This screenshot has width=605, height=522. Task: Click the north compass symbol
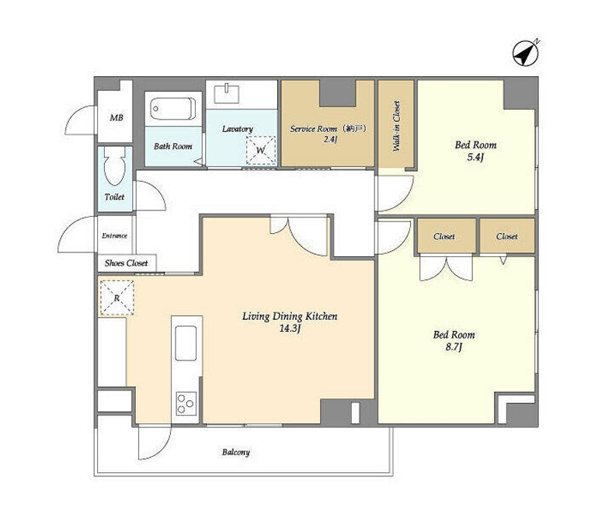pos(525,53)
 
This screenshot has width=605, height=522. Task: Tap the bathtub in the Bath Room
pos(173,109)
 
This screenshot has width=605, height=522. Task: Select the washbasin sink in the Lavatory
pos(227,93)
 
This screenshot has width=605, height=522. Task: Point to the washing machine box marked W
pos(261,151)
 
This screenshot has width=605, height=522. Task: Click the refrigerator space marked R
pos(117,298)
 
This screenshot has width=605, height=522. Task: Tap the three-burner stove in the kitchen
pos(186,403)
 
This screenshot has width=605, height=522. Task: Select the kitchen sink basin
pos(186,343)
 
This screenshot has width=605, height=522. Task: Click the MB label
pos(116,117)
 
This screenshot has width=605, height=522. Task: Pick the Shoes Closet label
pos(126,263)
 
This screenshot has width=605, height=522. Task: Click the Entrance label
pos(115,235)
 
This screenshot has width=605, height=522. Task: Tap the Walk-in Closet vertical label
pos(396,126)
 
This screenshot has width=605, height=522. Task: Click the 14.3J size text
pos(290,329)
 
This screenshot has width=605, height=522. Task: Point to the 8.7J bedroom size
pos(454,347)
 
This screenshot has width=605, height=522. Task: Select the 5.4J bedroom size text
pos(475,157)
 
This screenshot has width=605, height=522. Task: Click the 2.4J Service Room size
pos(330,139)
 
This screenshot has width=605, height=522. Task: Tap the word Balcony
pos(236,452)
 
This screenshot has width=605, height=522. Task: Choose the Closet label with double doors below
pos(444,236)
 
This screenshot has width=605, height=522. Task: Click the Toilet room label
pos(115,197)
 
